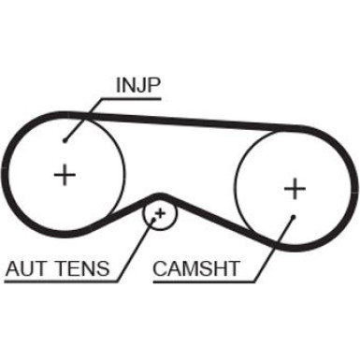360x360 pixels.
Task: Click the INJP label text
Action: point(137,86)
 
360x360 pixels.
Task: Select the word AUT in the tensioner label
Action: point(27,270)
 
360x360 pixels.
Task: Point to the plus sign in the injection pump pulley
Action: point(65,174)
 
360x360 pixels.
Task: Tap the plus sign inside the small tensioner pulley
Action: point(160,215)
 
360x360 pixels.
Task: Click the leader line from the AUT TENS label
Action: point(134,248)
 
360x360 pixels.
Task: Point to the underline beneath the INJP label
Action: point(138,97)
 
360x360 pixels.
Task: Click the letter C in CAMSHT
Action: point(158,270)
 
